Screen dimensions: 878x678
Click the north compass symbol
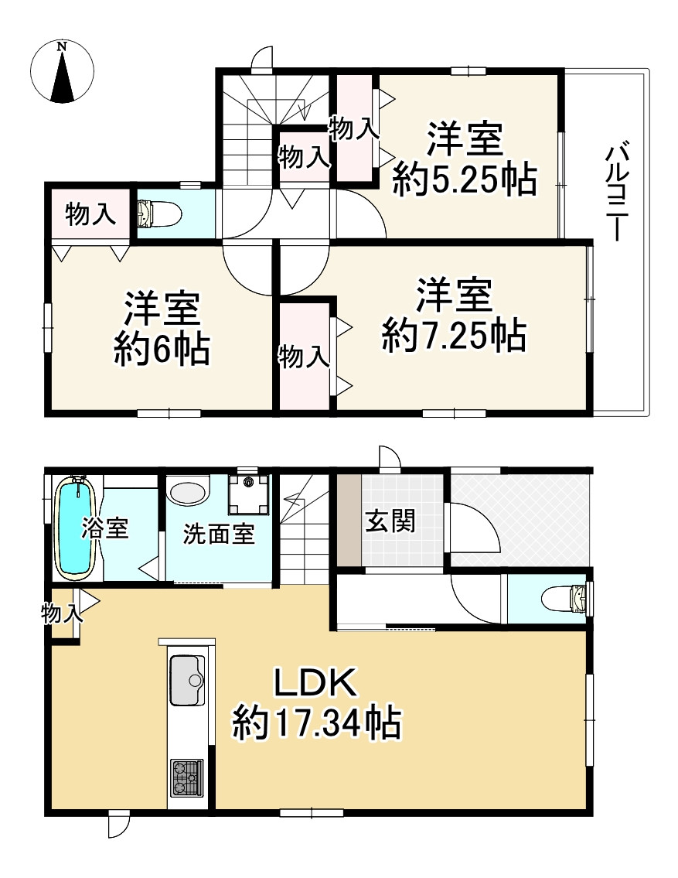62,71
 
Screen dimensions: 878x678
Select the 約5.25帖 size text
464,181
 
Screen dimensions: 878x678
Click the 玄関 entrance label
390,521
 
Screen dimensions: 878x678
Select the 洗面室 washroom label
219,534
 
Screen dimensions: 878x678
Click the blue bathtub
77,528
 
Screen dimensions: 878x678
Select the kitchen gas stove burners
186,777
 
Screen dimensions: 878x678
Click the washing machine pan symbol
249,494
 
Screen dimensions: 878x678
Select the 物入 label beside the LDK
61,615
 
